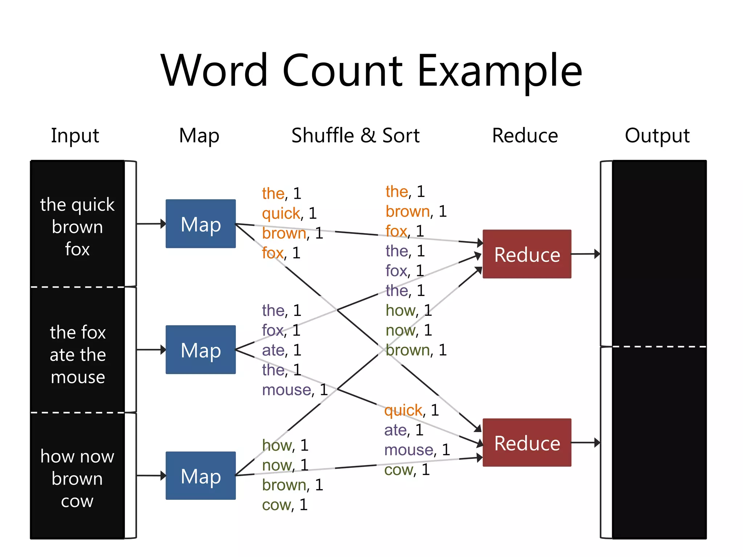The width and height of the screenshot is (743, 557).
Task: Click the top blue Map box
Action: pos(201,224)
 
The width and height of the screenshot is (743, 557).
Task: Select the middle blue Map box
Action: pos(201,350)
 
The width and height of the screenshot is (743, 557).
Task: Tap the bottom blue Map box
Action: pos(201,475)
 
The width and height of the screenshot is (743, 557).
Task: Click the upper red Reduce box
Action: pos(527,254)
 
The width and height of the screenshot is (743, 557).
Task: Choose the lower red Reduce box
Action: pos(527,442)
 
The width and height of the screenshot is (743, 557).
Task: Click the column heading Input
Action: pos(75,136)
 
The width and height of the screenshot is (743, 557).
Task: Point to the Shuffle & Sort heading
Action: pos(355,136)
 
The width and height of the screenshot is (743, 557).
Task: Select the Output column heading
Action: pos(657,136)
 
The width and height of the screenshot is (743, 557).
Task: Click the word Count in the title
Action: pos(342,71)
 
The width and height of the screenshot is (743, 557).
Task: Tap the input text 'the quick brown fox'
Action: pos(77,227)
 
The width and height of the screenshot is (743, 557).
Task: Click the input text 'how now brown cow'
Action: pos(77,478)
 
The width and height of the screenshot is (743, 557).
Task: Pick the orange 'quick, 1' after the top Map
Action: pos(289,213)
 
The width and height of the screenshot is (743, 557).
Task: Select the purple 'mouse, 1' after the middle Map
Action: pos(295,390)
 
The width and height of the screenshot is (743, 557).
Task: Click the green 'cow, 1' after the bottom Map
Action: pos(285,505)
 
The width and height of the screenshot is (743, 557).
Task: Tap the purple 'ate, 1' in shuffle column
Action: pos(404,430)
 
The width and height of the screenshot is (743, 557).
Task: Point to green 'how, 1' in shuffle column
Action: pos(409,310)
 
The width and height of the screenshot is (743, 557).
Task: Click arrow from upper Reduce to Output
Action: pos(585,254)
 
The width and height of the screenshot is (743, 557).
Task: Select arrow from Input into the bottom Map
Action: pos(151,475)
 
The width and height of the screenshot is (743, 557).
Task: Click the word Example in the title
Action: pos(500,71)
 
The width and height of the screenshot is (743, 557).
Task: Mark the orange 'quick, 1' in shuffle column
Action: pos(411,410)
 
